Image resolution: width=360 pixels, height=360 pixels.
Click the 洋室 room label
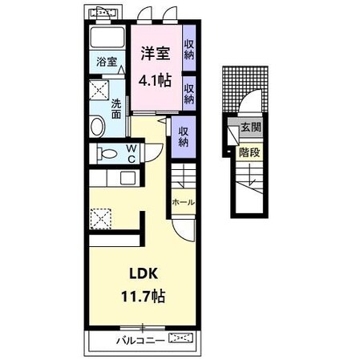pyautogui.click(x=156, y=53)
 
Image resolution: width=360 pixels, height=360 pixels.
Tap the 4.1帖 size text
pyautogui.click(x=155, y=79)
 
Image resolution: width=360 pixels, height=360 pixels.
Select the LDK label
pyautogui.click(x=144, y=273)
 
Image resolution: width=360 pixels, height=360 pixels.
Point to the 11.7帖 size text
pyautogui.click(x=144, y=296)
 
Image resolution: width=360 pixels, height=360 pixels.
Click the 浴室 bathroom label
pyautogui.click(x=107, y=62)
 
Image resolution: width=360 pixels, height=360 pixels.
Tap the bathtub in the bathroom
pyautogui.click(x=107, y=37)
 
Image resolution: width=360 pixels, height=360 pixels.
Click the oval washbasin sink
pyautogui.click(x=97, y=126)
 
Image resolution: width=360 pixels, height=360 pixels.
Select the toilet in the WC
pyautogui.click(x=107, y=154)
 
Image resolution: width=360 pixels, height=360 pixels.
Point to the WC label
pyautogui.click(x=131, y=153)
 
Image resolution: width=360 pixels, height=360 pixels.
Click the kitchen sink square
pyautogui.click(x=127, y=178)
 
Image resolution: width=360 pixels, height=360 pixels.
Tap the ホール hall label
pyautogui.click(x=183, y=202)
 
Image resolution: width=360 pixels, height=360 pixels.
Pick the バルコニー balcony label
pyautogui.click(x=140, y=341)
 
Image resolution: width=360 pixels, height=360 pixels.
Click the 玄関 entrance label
pyautogui.click(x=251, y=127)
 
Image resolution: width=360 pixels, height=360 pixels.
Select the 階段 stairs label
pyautogui.click(x=249, y=152)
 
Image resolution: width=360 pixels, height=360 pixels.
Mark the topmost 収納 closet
pyautogui.click(x=189, y=49)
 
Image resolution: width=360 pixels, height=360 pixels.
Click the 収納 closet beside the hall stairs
pyautogui.click(x=184, y=136)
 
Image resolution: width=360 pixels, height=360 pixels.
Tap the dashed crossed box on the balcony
pyautogui.click(x=181, y=338)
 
